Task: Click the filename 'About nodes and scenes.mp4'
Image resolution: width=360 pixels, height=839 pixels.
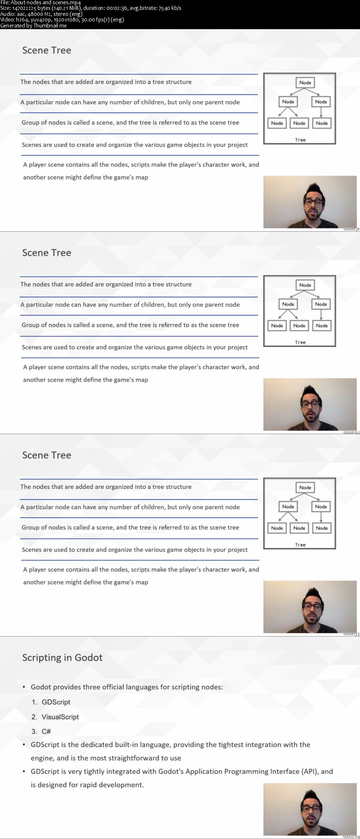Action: click(x=46, y=2)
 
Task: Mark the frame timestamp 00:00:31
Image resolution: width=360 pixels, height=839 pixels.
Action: click(x=351, y=229)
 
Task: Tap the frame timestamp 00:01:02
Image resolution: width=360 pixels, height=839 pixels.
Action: click(x=351, y=432)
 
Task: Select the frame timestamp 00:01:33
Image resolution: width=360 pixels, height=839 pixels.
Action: click(x=351, y=634)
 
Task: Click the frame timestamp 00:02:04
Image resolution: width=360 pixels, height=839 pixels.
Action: click(x=351, y=837)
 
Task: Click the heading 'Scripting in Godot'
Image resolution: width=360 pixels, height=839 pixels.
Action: click(x=62, y=658)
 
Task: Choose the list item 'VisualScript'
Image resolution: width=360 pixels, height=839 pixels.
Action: click(x=60, y=717)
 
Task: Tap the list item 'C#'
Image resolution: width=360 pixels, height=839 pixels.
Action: click(x=46, y=731)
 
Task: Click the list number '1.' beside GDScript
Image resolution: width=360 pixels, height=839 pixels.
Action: click(x=34, y=702)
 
